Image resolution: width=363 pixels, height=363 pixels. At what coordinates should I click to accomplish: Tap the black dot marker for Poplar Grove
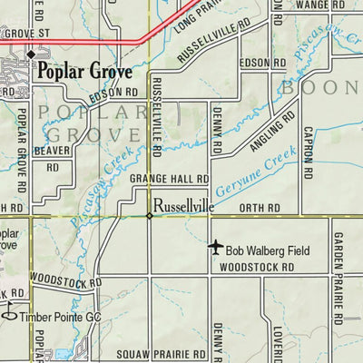[30, 54]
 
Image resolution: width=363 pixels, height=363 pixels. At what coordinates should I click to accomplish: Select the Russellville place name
[183, 206]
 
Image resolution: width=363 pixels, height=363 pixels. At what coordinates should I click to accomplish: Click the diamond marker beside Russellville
[150, 215]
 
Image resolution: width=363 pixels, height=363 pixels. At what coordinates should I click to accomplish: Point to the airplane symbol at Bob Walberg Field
[215, 247]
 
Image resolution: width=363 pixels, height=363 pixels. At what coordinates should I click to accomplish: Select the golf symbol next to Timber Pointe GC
[9, 314]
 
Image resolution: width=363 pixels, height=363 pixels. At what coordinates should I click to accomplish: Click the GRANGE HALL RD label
[170, 181]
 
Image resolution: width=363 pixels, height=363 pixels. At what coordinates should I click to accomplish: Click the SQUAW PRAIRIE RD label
[155, 354]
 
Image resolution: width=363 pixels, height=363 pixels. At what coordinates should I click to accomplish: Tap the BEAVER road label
[53, 150]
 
